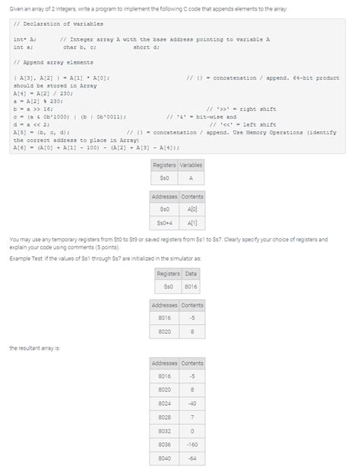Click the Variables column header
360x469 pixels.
pos(191,165)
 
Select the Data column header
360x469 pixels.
pos(191,274)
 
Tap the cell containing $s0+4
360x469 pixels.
pos(164,223)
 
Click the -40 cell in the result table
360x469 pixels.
pos(191,403)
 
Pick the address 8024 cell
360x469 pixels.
pos(164,403)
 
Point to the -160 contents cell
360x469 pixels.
pos(191,444)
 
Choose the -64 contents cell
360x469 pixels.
pos(191,458)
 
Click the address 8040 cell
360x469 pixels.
pos(164,458)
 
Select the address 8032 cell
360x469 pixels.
pos(164,430)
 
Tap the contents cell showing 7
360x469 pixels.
pos(191,417)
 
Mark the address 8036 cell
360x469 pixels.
pos(164,444)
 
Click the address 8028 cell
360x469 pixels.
pos(164,417)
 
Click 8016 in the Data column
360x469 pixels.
pos(191,287)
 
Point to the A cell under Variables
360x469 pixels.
pos(191,178)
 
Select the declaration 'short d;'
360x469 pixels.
pos(146,47)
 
